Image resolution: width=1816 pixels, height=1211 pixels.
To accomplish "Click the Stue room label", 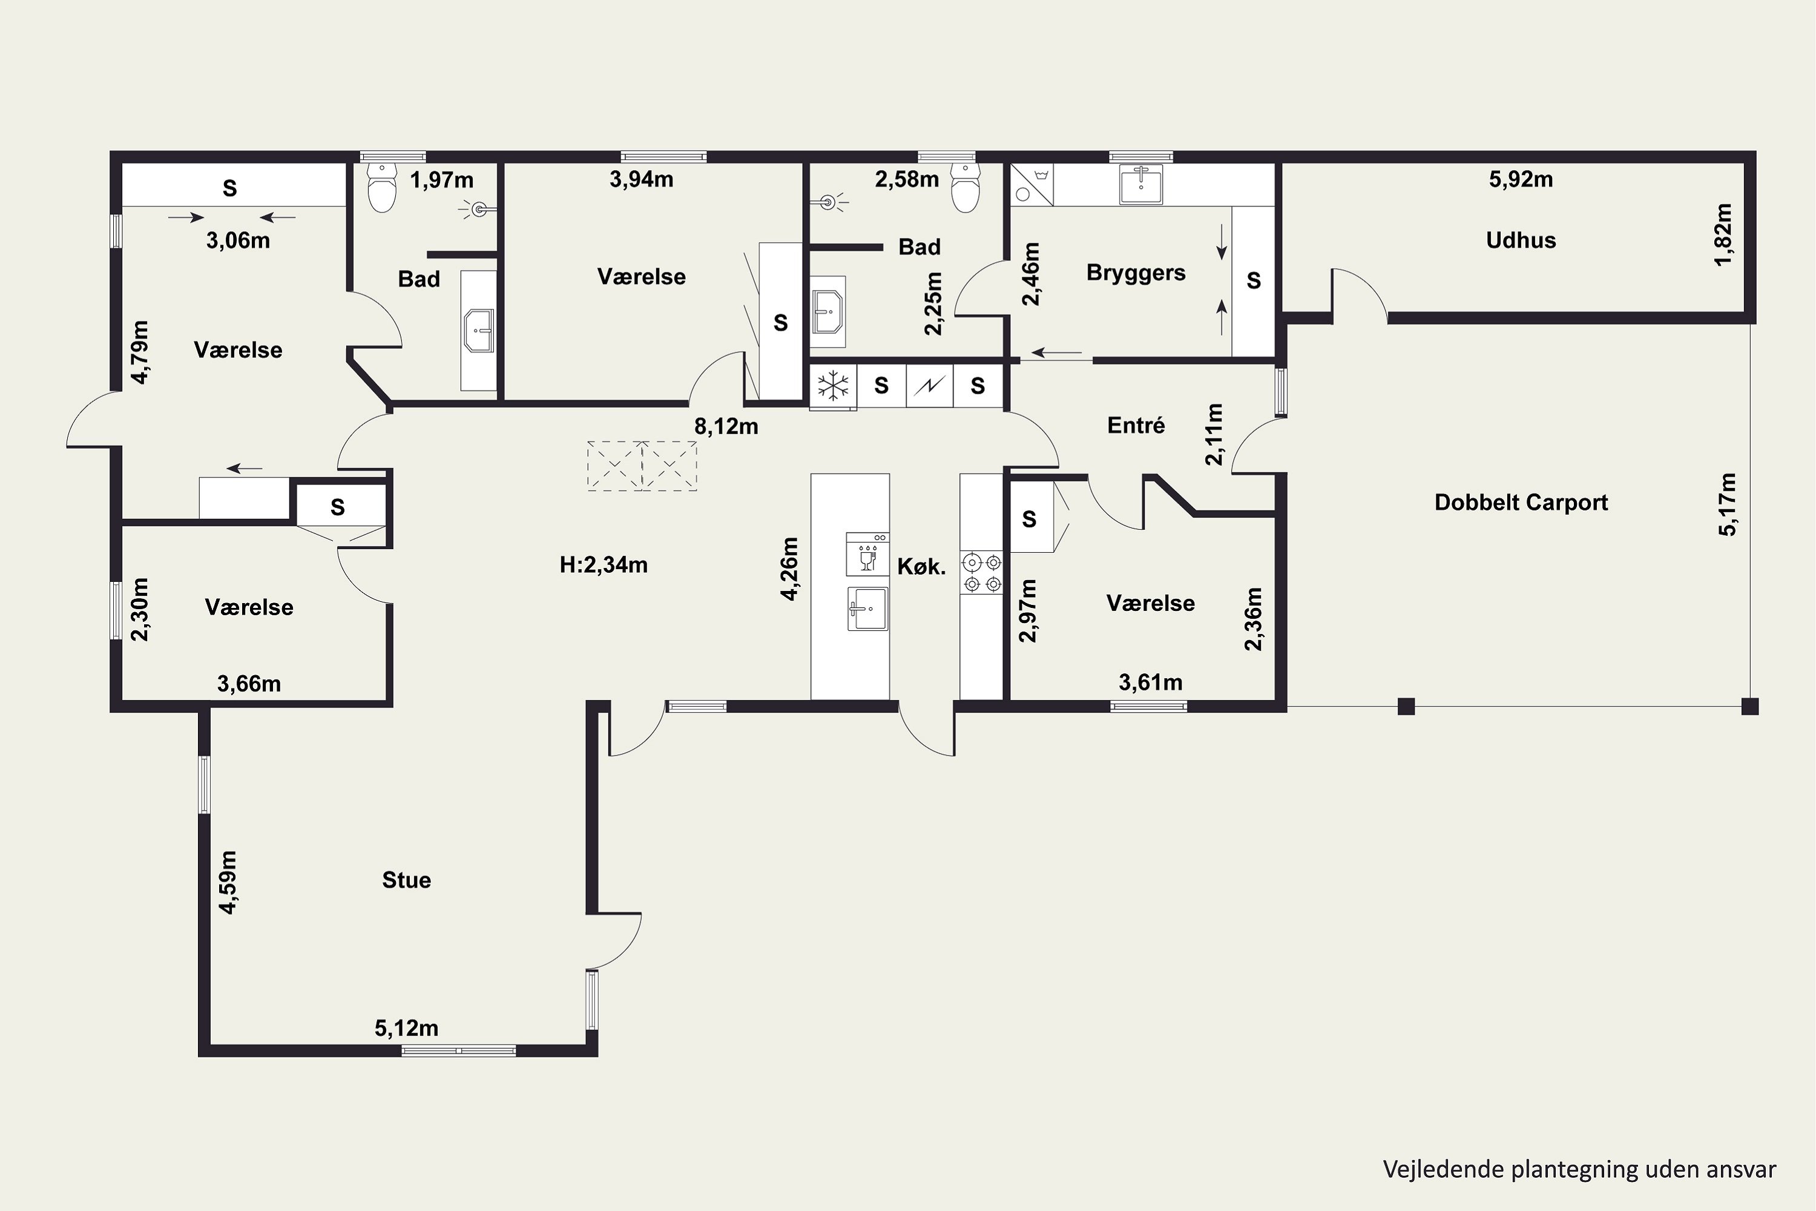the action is coord(406,880).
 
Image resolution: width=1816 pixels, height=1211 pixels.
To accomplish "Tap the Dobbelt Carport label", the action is coord(1521,503).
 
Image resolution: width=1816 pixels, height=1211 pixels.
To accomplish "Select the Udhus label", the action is coord(1521,240).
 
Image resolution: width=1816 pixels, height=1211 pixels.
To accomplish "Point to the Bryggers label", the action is coord(1136,274).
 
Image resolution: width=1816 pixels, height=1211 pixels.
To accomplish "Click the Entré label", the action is coord(1136,425).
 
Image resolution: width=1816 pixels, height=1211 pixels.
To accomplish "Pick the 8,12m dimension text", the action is coord(726,426).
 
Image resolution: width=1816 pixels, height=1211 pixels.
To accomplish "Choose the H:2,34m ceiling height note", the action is coord(604,566).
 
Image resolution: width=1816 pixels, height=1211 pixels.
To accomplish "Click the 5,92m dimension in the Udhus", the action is coord(1521,179).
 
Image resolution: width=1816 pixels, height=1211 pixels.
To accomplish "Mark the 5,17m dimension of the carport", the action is coord(1728,504).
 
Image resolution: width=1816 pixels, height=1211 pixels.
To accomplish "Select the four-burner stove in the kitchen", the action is coord(981,572).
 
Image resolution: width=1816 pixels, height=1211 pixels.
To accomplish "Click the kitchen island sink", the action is coord(868,609).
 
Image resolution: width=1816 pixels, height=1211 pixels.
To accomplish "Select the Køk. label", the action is coord(921,567).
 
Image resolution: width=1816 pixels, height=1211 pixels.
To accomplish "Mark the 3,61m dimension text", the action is coord(1151,683).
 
